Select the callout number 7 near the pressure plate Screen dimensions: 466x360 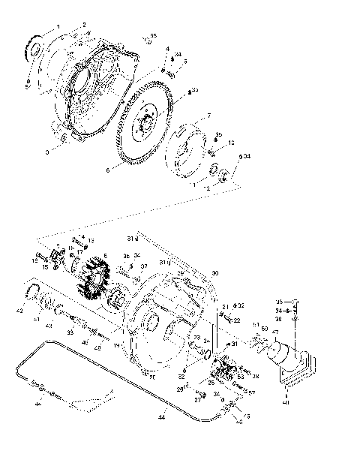208,116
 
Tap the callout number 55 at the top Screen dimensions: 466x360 153,35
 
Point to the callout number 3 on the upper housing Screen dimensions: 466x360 46,152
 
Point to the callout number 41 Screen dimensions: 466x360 35,318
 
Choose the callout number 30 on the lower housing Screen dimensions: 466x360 214,272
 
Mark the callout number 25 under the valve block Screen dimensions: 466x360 211,383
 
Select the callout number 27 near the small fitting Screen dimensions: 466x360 197,399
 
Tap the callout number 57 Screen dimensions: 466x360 251,392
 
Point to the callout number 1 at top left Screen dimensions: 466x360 58,26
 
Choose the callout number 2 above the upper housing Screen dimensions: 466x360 84,25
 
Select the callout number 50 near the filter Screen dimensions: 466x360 264,329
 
